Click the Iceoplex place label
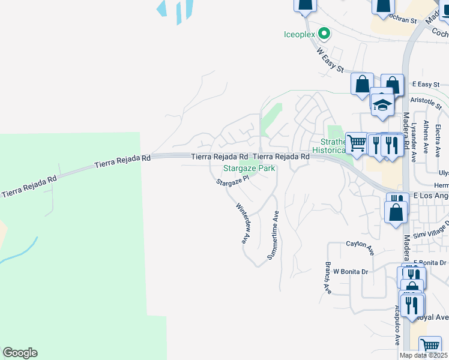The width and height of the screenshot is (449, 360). [x=300, y=34]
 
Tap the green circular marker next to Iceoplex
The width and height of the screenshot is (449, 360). [x=324, y=34]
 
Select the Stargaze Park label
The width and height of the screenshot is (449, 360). [x=249, y=169]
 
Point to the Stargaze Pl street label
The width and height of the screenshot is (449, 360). [x=232, y=181]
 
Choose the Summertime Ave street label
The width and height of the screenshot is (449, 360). [x=274, y=236]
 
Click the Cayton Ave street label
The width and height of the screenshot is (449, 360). [x=360, y=244]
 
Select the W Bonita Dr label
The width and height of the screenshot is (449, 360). [x=351, y=271]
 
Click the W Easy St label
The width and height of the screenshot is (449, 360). [x=330, y=60]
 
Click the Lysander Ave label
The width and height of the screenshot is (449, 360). [x=414, y=143]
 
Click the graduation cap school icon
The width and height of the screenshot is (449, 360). [x=382, y=104]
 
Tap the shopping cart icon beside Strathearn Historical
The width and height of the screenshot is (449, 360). [x=357, y=143]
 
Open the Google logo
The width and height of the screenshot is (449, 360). [x=20, y=353]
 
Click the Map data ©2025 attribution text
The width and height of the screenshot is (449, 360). [x=423, y=355]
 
